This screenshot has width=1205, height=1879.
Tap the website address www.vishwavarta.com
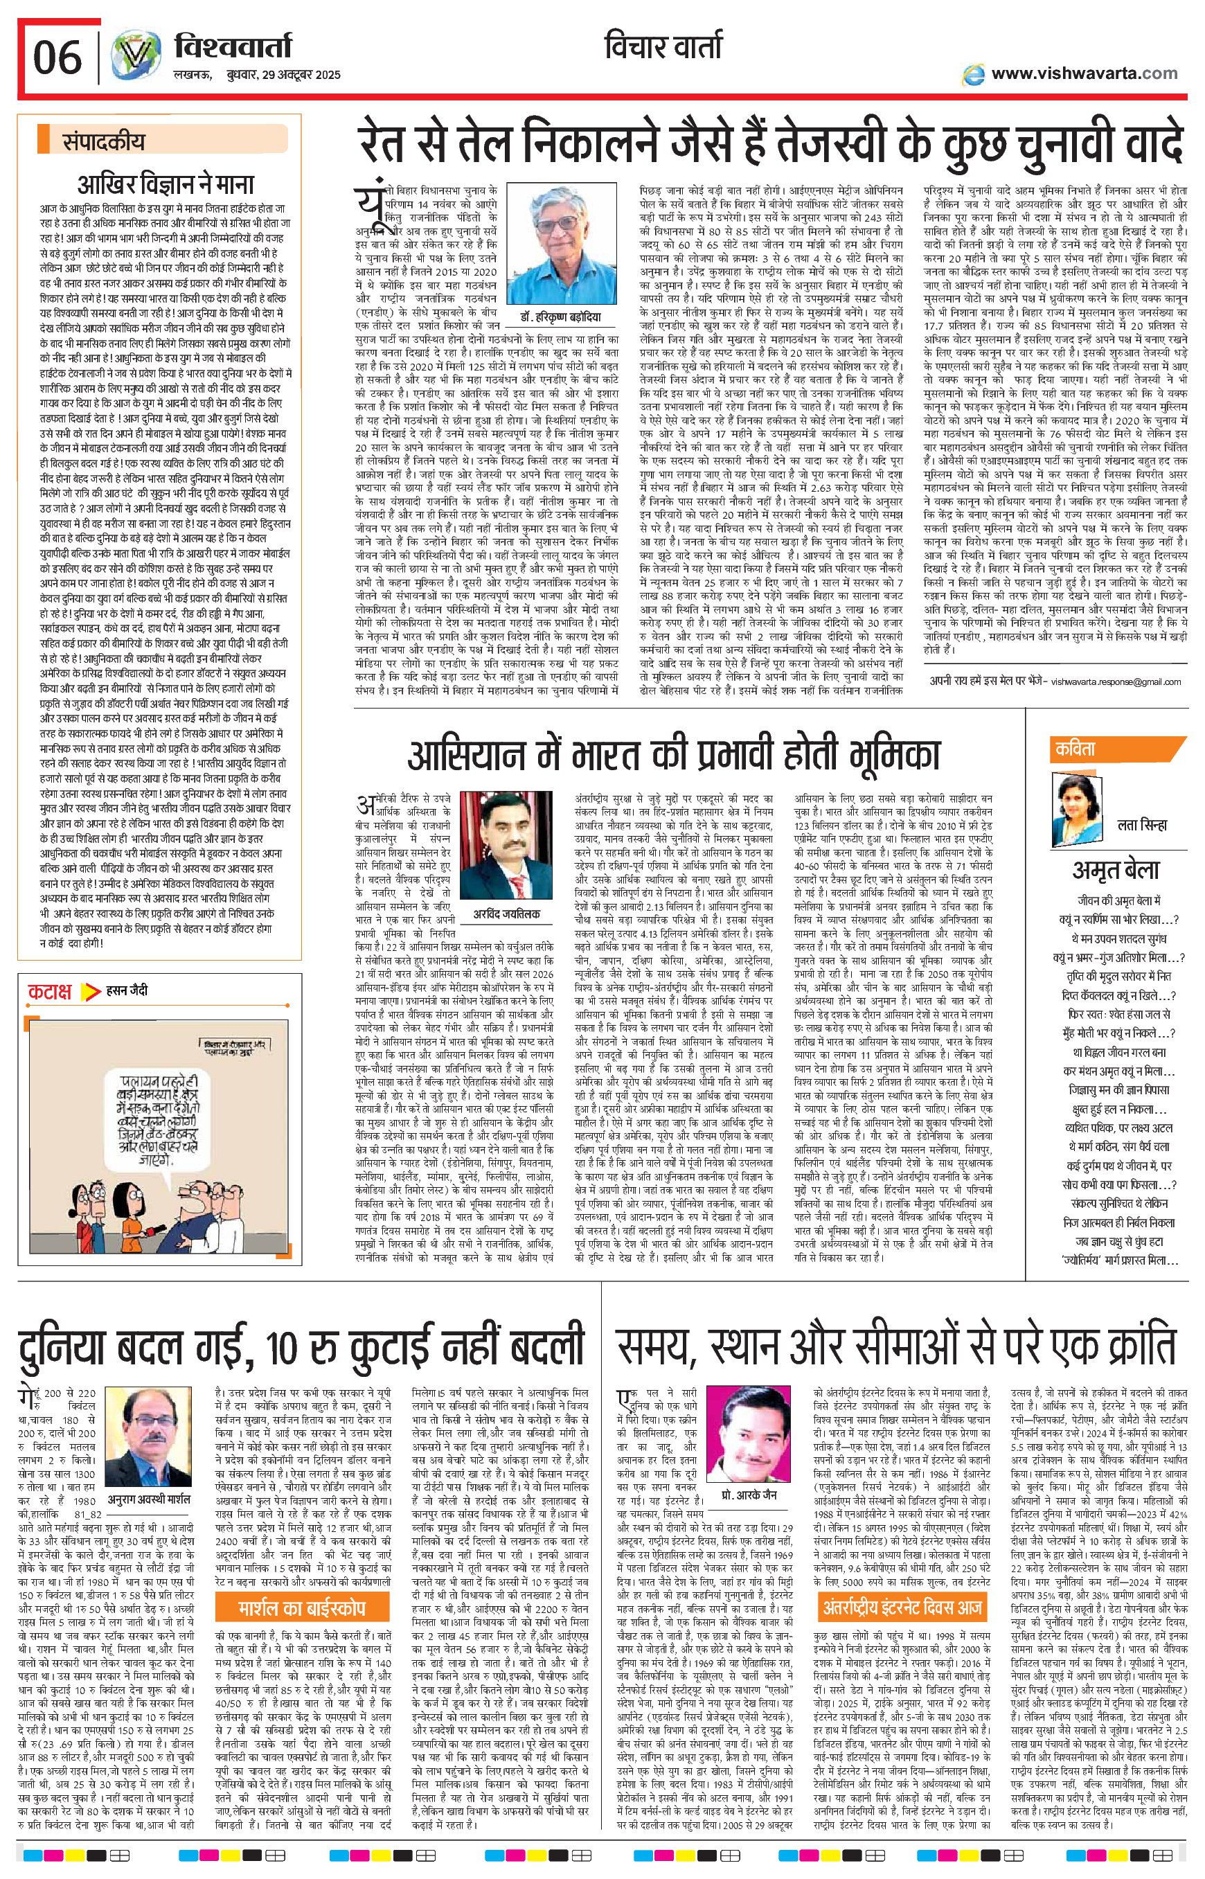tap(1083, 73)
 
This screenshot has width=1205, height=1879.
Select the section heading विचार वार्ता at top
tap(663, 48)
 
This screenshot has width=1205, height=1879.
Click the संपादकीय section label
tap(104, 143)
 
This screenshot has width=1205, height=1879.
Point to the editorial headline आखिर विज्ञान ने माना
tap(166, 185)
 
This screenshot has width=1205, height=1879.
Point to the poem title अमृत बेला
tap(1115, 869)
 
